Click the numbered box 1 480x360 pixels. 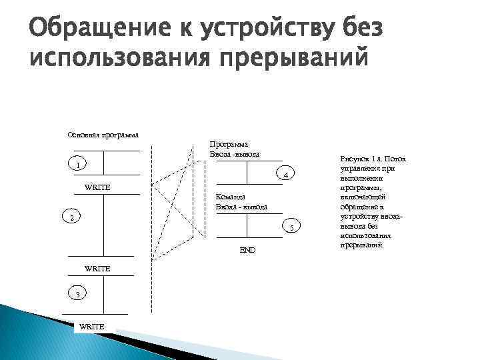pos(78,165)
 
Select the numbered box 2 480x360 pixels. pos(73,218)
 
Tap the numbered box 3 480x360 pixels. pos(77,295)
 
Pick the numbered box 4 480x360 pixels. pos(285,175)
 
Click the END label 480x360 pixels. pos(247,249)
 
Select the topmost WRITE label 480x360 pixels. pos(97,187)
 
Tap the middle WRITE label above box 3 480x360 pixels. pos(97,268)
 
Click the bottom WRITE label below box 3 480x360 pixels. pos(91,325)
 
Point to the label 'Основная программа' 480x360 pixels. pos(103,135)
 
